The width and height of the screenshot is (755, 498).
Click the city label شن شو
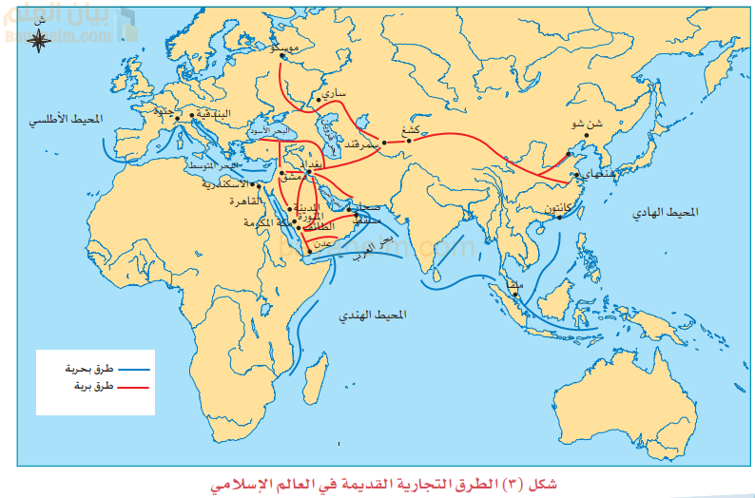tap(587, 123)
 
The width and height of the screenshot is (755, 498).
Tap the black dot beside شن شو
tap(587, 134)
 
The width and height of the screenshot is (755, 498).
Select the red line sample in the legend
tap(133, 387)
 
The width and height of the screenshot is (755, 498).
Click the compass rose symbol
tap(40, 39)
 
